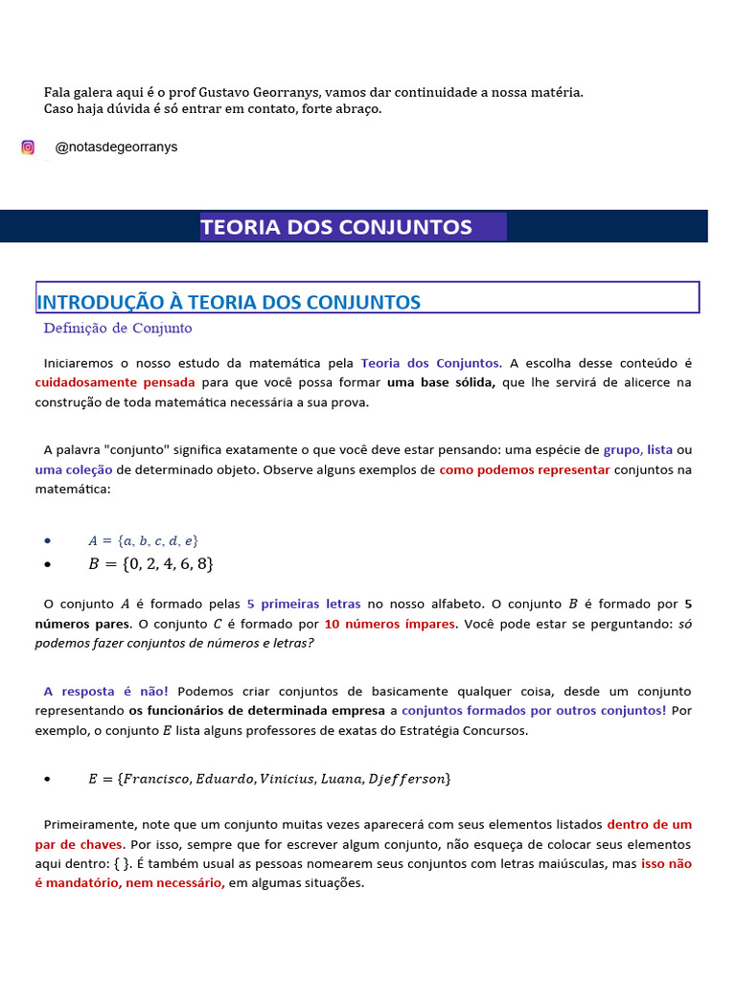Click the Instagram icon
(x=28, y=148)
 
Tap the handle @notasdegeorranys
(x=116, y=148)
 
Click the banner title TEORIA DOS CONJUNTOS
(x=336, y=227)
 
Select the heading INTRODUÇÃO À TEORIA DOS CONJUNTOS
(x=228, y=303)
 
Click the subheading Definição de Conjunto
(x=117, y=329)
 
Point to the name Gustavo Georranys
(x=260, y=92)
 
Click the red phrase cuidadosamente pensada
(x=114, y=382)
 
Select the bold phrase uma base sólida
(x=441, y=382)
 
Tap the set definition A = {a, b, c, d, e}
(x=143, y=540)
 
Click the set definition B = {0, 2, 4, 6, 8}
(x=150, y=564)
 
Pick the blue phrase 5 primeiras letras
(x=304, y=605)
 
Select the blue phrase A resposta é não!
(x=105, y=692)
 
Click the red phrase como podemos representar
(x=524, y=470)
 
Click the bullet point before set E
(x=47, y=780)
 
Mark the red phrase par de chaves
(x=79, y=845)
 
